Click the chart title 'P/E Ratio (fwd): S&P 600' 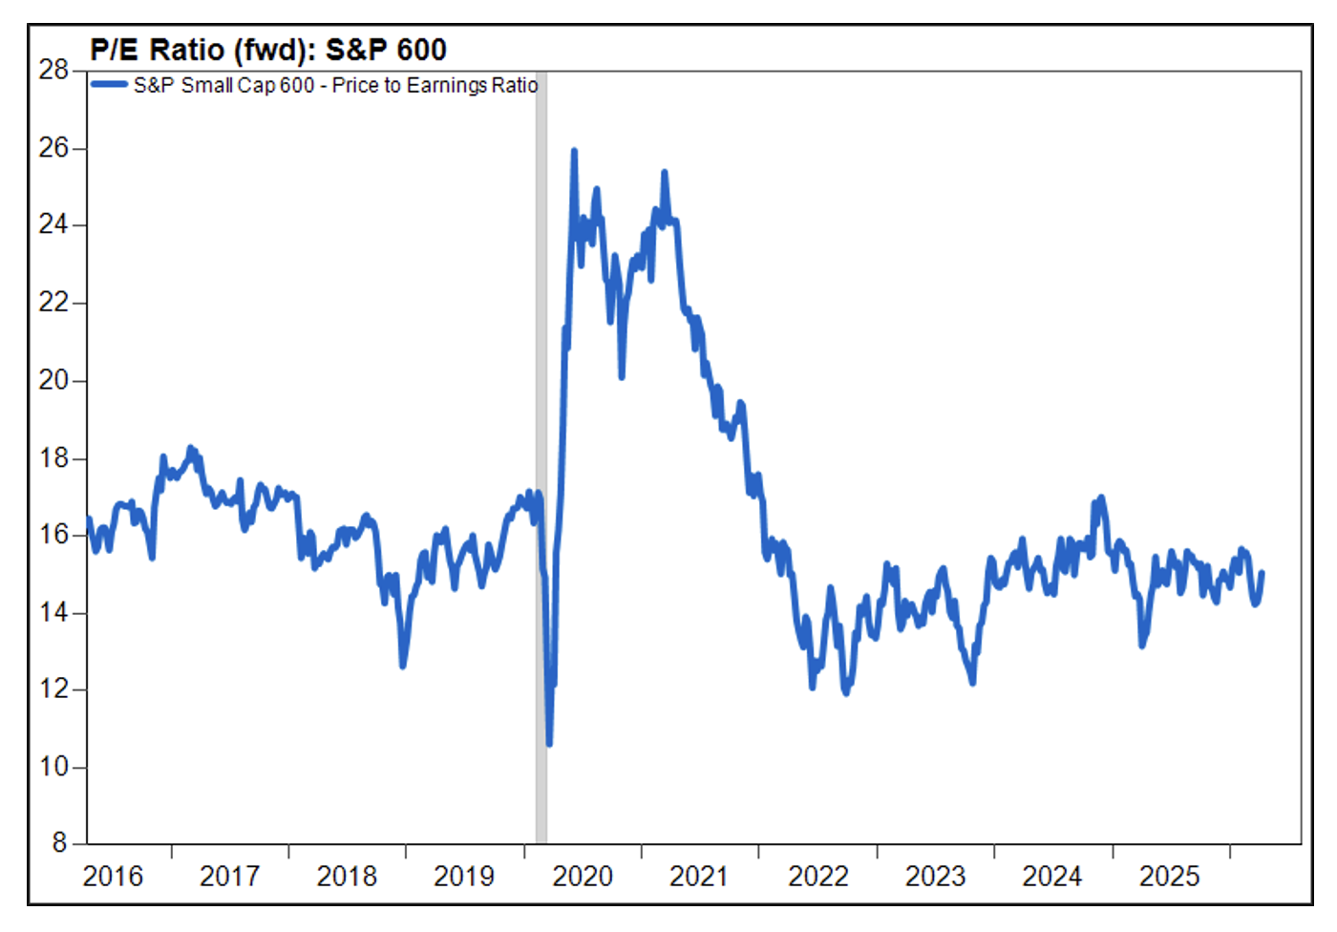(268, 49)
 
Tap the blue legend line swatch (109, 85)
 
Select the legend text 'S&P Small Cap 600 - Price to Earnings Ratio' (335, 85)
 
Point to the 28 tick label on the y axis (53, 70)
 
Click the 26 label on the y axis (53, 148)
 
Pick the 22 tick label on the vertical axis (53, 303)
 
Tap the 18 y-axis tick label (53, 458)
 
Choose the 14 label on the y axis (53, 612)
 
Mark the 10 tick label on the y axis (53, 767)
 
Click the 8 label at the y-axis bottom (59, 843)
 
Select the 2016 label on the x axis (113, 877)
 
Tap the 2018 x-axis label (347, 877)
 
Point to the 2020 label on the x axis (582, 877)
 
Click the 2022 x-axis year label (817, 877)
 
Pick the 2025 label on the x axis (1169, 877)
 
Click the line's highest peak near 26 (574, 151)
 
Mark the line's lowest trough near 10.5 (549, 743)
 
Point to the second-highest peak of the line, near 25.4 (664, 173)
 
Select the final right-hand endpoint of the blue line (1262, 573)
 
